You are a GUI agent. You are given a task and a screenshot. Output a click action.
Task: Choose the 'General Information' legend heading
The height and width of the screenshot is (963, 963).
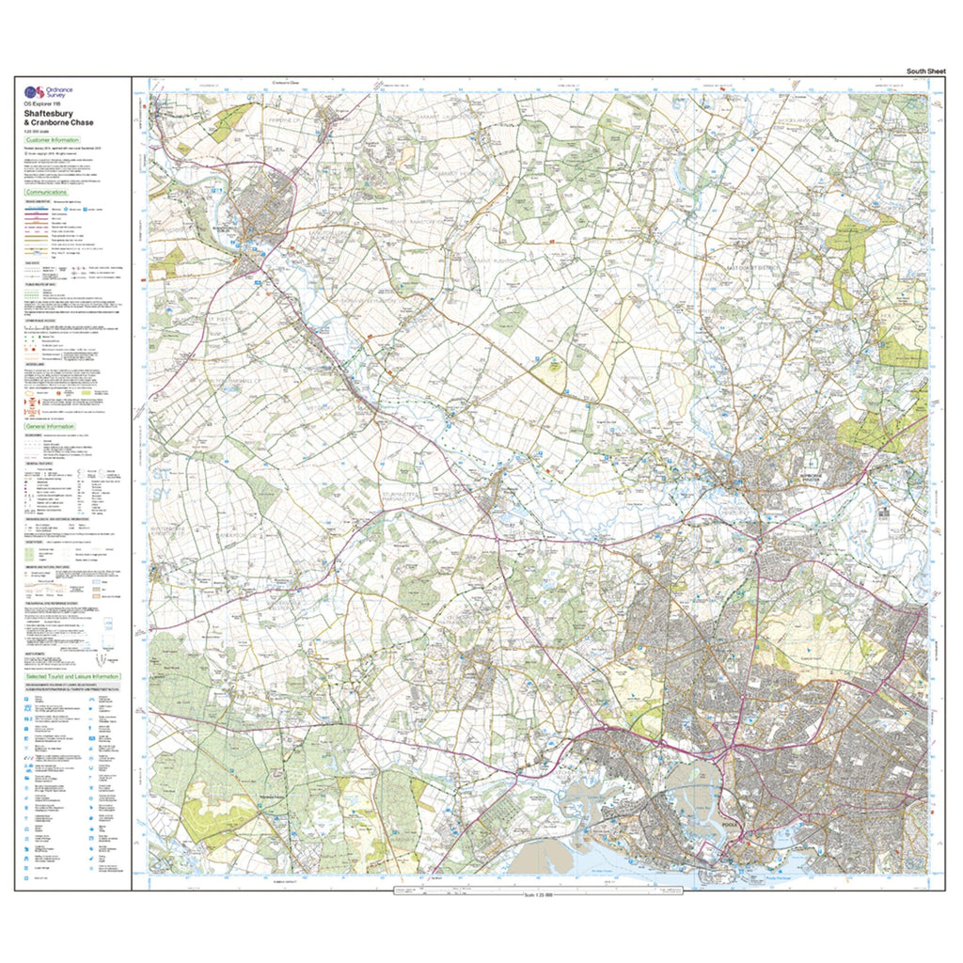point(52,426)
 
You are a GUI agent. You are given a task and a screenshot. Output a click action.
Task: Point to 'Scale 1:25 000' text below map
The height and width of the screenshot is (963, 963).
point(534,894)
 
